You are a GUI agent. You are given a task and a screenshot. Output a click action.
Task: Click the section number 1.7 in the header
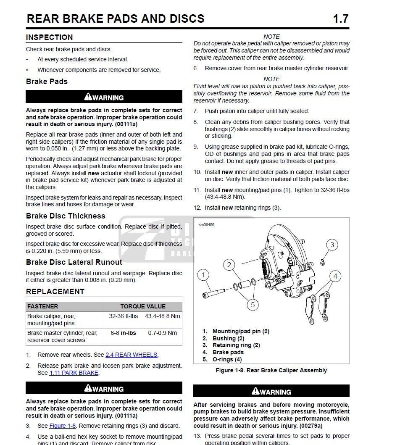340,19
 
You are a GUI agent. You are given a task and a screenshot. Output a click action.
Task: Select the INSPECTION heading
49,37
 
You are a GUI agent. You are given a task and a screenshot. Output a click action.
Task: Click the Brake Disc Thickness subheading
66,216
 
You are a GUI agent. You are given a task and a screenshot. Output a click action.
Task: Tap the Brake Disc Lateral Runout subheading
74,262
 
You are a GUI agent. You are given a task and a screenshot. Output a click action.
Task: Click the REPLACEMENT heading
55,292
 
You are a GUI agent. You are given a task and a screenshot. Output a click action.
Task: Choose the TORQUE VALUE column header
143,306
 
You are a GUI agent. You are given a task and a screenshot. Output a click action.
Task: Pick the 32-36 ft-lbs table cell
124,316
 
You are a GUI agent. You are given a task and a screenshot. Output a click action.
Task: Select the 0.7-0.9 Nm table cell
163,333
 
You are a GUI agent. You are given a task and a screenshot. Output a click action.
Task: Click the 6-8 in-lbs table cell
124,333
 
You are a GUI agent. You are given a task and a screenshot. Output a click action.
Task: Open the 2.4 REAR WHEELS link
131,355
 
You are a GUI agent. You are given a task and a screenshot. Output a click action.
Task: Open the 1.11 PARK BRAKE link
74,373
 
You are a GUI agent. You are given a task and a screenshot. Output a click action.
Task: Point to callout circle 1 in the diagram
203,276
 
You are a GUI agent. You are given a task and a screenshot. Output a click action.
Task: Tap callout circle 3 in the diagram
332,245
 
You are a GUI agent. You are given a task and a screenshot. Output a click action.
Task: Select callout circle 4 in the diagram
335,276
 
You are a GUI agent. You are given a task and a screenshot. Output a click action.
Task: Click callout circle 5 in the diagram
253,304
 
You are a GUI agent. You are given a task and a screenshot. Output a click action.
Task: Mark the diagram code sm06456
206,225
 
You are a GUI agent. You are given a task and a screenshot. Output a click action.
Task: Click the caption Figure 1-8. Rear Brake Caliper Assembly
271,370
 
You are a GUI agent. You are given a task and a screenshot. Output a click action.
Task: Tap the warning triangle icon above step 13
255,391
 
